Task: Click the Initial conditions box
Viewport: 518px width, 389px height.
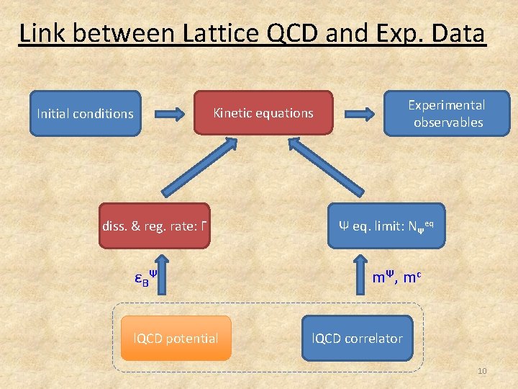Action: [x=85, y=113]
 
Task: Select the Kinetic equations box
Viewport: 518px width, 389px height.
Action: [x=263, y=112]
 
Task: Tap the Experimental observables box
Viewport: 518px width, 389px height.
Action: [x=446, y=113]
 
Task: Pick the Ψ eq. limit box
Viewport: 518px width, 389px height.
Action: [x=386, y=226]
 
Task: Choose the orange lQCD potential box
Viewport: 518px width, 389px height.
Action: [x=176, y=338]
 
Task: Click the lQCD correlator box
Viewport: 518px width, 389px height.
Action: [x=357, y=338]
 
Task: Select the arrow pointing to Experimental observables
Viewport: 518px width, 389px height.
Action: [x=360, y=113]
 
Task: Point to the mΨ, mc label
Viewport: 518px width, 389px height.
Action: [x=396, y=277]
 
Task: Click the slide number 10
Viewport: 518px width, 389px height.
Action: [x=481, y=370]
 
